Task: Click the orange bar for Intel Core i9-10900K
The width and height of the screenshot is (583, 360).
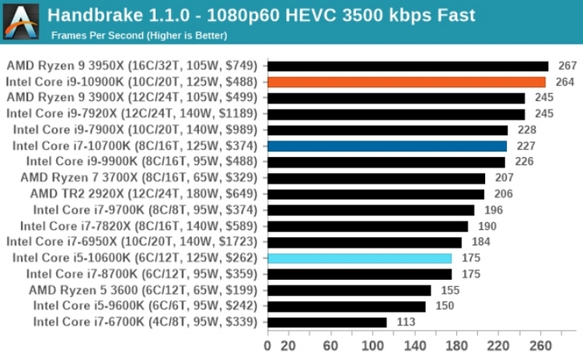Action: [407, 82]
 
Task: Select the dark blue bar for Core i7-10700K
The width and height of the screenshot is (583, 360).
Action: [387, 145]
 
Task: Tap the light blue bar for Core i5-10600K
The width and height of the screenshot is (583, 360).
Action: [359, 258]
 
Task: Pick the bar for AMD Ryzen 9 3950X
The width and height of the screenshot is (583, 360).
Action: [408, 65]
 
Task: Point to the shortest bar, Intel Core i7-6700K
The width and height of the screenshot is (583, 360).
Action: [327, 322]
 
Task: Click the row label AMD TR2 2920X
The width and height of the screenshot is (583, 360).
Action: [145, 194]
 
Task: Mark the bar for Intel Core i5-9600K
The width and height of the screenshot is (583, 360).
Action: [347, 306]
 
